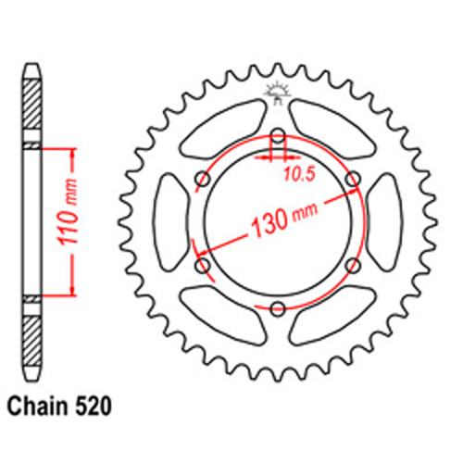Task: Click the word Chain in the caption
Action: [42, 405]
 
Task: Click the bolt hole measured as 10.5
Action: [277, 135]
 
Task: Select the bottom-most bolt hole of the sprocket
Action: [277, 307]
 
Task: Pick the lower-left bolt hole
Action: [203, 266]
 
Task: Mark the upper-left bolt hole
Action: [203, 178]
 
